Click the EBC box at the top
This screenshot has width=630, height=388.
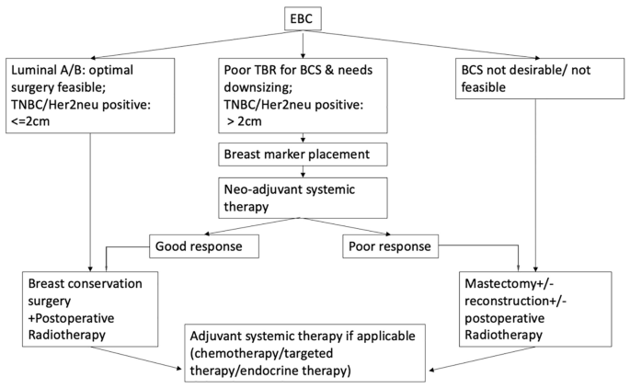[304, 18]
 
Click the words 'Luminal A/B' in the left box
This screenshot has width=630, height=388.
[45, 69]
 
